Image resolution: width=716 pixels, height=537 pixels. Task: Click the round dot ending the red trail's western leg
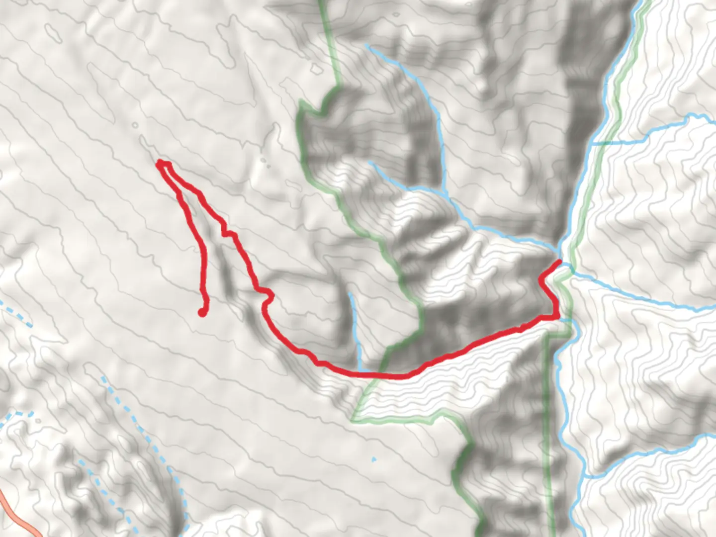tap(202, 312)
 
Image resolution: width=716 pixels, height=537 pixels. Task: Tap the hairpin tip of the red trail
tap(160, 163)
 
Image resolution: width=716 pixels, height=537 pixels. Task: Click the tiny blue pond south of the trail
tap(374, 459)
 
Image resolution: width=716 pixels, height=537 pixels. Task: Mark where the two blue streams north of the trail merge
tap(444, 191)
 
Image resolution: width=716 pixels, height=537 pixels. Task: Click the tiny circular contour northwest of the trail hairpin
tap(135, 125)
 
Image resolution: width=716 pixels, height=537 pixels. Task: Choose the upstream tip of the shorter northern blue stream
tap(370, 163)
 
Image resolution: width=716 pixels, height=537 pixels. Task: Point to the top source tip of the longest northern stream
tap(367, 46)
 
